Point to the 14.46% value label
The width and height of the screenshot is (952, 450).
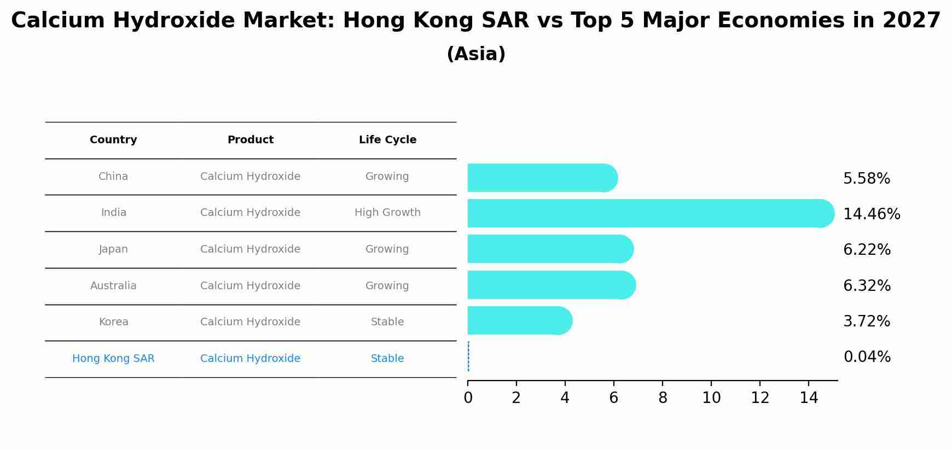point(871,214)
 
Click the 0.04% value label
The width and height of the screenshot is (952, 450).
point(867,357)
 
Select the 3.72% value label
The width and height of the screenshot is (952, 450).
point(866,322)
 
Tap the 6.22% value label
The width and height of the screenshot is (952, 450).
point(867,250)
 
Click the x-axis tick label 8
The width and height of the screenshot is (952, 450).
point(663,398)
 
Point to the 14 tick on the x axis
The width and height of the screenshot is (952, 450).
point(809,398)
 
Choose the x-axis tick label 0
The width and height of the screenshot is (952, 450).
point(468,398)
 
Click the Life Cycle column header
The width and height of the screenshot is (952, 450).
point(387,140)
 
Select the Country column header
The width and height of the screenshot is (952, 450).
point(113,140)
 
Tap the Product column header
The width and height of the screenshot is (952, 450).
point(250,140)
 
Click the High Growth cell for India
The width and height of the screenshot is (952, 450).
point(387,213)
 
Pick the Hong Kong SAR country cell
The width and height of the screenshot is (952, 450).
point(113,359)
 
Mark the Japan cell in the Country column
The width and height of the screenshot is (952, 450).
point(113,249)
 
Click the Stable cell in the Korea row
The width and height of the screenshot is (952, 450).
point(387,322)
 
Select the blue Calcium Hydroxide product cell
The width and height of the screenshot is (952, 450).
point(250,359)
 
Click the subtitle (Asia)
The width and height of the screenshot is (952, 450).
point(475,54)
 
